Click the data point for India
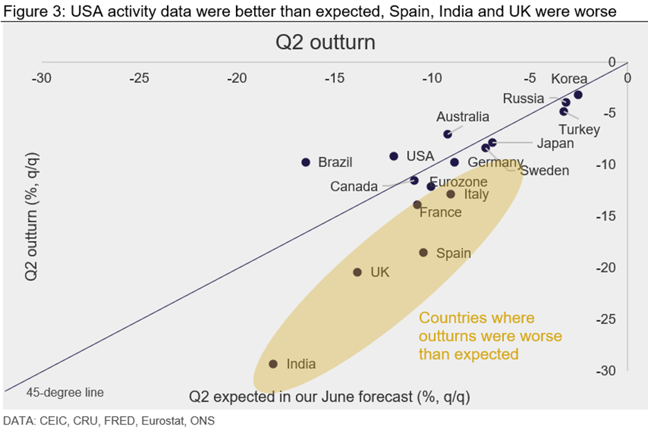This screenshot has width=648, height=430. click(273, 364)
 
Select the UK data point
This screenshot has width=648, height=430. click(357, 272)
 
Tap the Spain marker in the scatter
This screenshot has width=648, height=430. click(424, 253)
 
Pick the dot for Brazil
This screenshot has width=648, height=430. click(305, 162)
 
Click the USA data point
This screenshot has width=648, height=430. click(394, 156)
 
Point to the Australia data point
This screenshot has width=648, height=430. click(447, 134)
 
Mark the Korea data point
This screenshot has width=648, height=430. click(578, 95)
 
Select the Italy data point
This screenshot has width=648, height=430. click(451, 195)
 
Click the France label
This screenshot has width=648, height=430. click(440, 213)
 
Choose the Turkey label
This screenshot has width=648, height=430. click(579, 129)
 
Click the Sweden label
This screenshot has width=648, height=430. click(545, 171)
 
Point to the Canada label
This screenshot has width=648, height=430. click(354, 187)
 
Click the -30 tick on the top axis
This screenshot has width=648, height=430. click(42, 78)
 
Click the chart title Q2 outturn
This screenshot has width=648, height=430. click(325, 43)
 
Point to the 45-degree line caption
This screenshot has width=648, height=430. click(65, 393)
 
